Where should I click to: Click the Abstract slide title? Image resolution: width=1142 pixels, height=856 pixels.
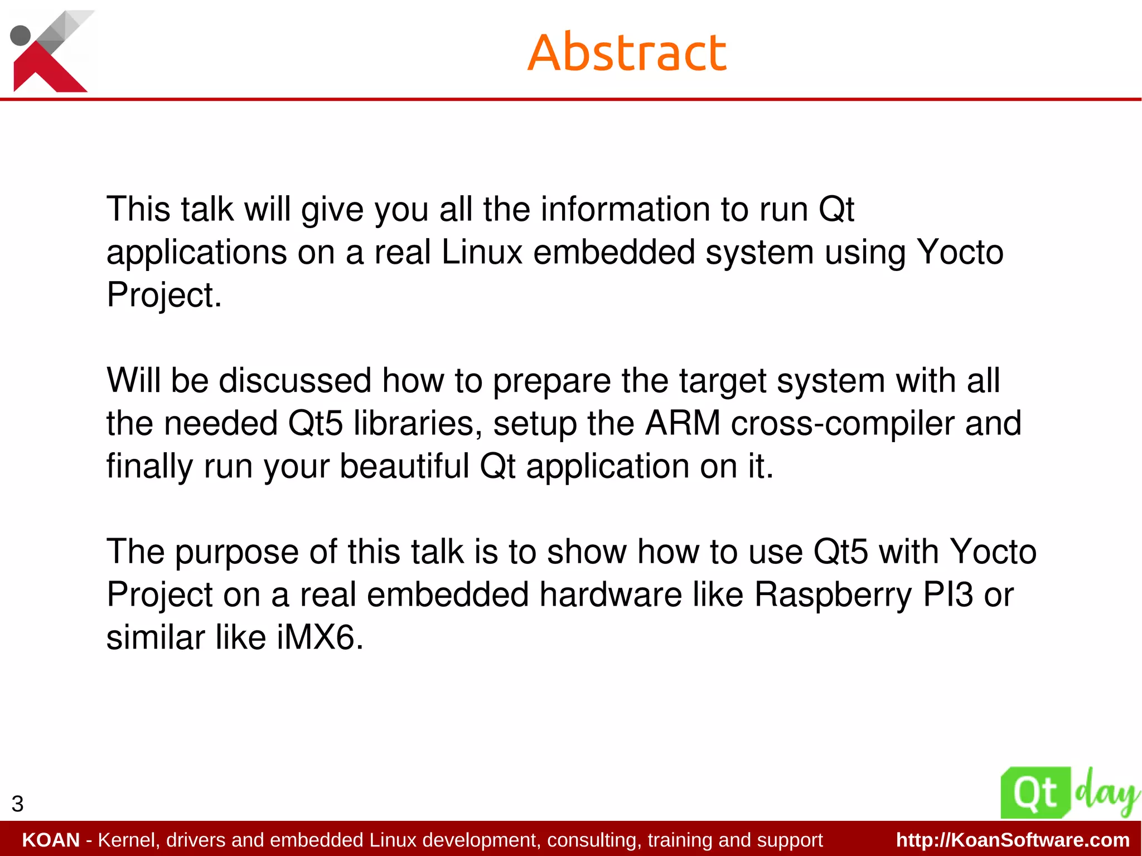(x=627, y=52)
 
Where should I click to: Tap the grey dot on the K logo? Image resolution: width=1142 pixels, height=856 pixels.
(x=21, y=35)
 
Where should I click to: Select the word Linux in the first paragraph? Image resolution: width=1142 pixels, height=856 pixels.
(x=482, y=252)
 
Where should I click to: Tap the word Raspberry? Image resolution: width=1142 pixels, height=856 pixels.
(x=833, y=595)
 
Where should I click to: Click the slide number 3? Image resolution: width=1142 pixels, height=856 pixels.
(x=17, y=804)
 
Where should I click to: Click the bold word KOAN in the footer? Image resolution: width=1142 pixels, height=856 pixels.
(x=51, y=840)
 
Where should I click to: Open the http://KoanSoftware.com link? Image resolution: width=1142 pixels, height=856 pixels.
(x=1013, y=840)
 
